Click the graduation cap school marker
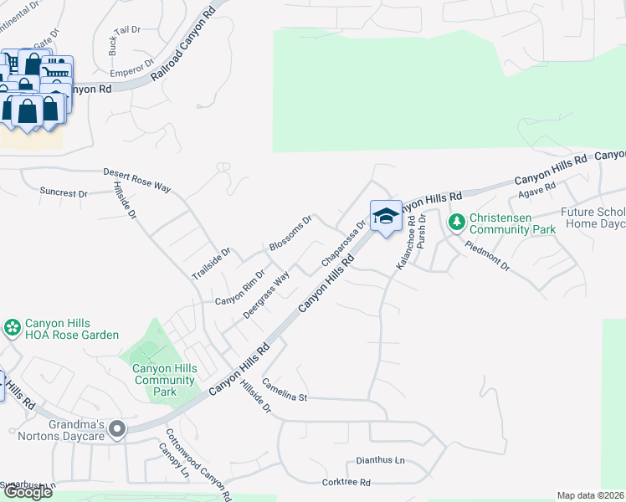(386, 217)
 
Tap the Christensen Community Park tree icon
(456, 222)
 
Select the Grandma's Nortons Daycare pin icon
(117, 429)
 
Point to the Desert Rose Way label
(136, 181)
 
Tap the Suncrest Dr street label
(64, 193)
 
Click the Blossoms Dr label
(290, 233)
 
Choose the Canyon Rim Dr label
(240, 287)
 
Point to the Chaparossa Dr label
(344, 243)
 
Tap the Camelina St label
(285, 390)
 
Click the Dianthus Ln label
(380, 460)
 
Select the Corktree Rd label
(346, 483)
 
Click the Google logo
(28, 491)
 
